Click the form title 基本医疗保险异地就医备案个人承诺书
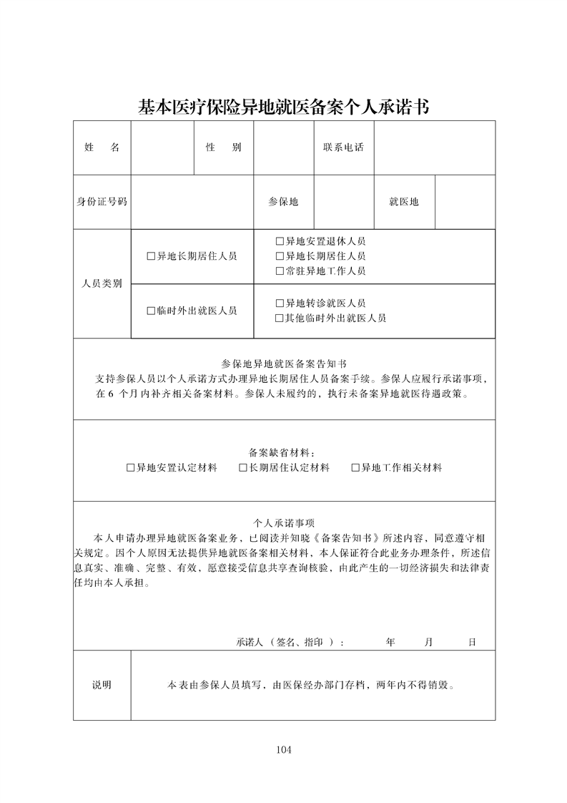coord(283,108)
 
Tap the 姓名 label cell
coord(102,147)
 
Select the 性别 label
coord(223,147)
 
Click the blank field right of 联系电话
coord(434,147)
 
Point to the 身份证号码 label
coord(102,202)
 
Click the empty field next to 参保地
coord(343,202)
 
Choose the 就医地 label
coord(404,202)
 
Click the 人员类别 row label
coord(102,283)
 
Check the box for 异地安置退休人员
coord(280,241)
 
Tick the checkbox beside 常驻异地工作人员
coord(280,271)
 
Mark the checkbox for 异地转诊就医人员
coord(280,303)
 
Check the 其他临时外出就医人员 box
coord(280,318)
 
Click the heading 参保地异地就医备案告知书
coord(284,364)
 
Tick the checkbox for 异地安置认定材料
coord(130,468)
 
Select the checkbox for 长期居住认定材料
coord(243,468)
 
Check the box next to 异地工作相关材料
coord(355,468)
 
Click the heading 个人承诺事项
coord(284,523)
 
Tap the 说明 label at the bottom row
coord(102,685)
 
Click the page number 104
coord(283,750)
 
